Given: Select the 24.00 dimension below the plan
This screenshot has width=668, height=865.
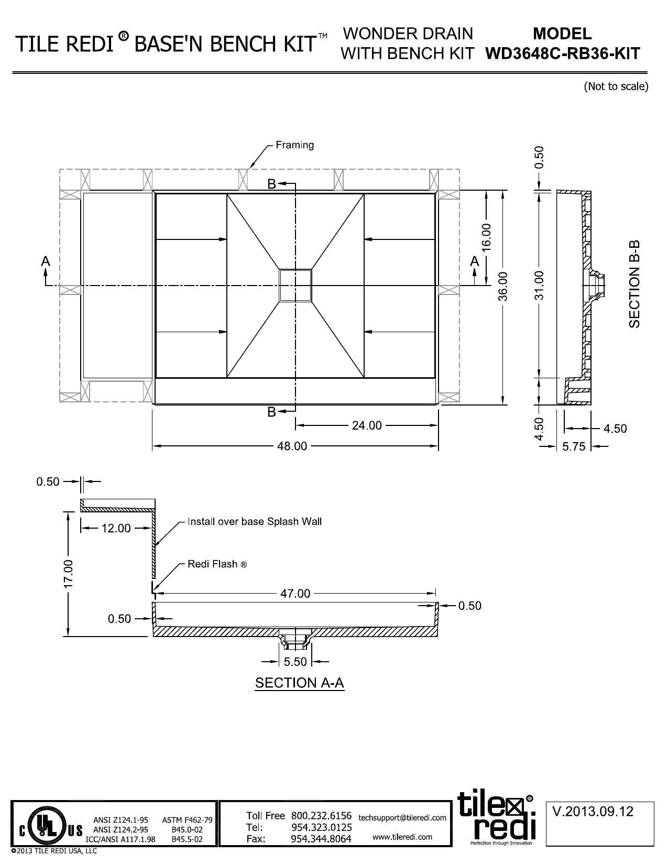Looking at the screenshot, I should coord(367,425).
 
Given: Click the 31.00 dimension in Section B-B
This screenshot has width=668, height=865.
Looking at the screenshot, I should coord(540,286).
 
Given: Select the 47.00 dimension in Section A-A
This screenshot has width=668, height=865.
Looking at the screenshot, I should coord(296,594).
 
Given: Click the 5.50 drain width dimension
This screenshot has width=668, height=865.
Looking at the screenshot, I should coord(295,662).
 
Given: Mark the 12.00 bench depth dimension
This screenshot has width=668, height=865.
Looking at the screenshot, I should coord(116,528).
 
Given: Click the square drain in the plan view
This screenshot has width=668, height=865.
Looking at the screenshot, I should coord(295,286).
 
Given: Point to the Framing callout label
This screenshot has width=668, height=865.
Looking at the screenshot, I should coord(295,145).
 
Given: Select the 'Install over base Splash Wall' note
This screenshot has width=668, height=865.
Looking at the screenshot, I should coord(255,521).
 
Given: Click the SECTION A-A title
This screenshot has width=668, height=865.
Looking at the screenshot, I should coord(299,683).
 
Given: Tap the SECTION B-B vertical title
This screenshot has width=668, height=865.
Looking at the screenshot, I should coord(634,284).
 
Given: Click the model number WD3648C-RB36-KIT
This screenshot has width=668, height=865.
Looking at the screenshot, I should coord(562,53).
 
